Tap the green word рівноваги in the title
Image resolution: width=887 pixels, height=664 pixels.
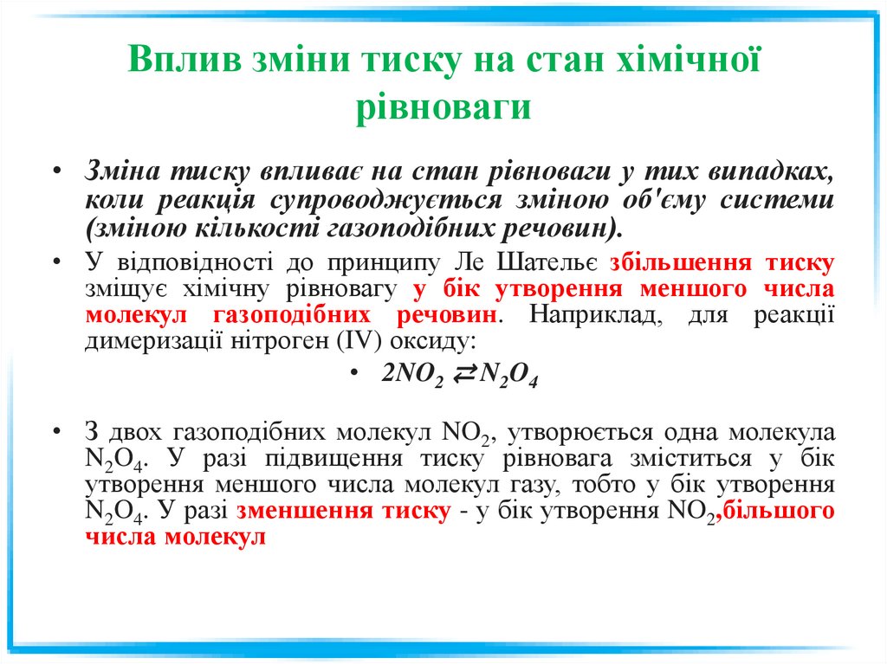pos(443,107)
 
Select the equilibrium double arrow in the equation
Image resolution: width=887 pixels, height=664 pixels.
pos(463,374)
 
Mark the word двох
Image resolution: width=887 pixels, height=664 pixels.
pos(137,433)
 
